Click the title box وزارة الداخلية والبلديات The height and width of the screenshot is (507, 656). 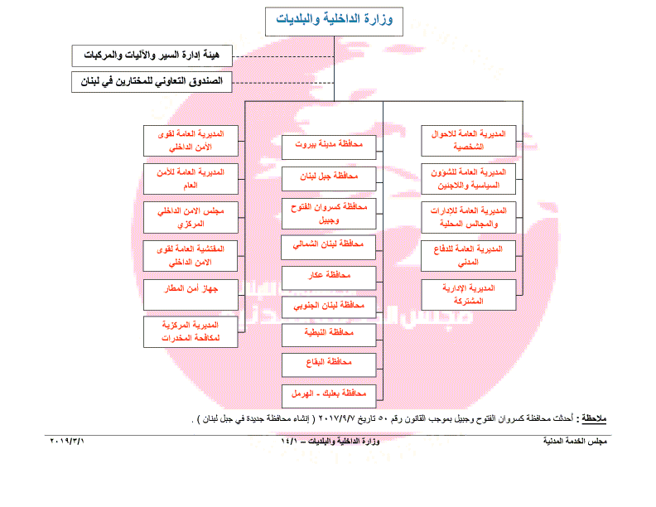pyautogui.click(x=334, y=20)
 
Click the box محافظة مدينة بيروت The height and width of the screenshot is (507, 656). pyautogui.click(x=329, y=145)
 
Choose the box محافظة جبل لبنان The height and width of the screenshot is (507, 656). pyautogui.click(x=329, y=177)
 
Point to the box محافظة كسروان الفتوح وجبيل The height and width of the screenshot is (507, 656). pyautogui.click(x=329, y=213)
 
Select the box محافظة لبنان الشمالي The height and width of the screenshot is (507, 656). pyautogui.click(x=329, y=246)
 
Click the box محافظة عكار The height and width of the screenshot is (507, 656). pyautogui.click(x=329, y=277)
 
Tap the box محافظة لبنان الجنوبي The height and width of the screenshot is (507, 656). pyautogui.click(x=329, y=307)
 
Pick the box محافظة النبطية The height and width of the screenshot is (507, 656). pyautogui.click(x=329, y=334)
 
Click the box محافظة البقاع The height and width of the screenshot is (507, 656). pyautogui.click(x=329, y=364)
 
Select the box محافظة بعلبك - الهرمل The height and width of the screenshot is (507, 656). pyautogui.click(x=329, y=394)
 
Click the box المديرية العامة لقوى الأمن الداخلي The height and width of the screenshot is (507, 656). pyautogui.click(x=191, y=141)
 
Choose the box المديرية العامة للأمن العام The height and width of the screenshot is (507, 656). pyautogui.click(x=191, y=179)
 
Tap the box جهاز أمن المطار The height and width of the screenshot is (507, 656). pyautogui.click(x=191, y=293)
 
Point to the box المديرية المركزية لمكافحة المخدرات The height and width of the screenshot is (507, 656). pyautogui.click(x=191, y=331)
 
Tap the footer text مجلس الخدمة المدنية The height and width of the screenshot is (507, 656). pyautogui.click(x=579, y=442)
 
